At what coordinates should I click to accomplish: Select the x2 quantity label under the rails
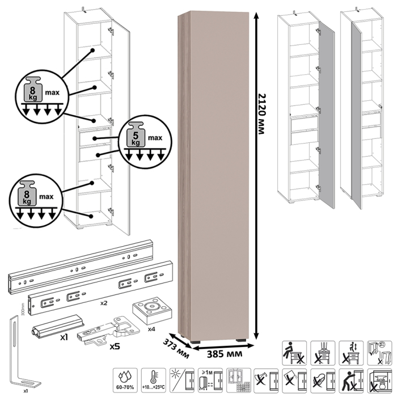[x=104, y=303]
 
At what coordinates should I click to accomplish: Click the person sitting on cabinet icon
[x=294, y=350]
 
